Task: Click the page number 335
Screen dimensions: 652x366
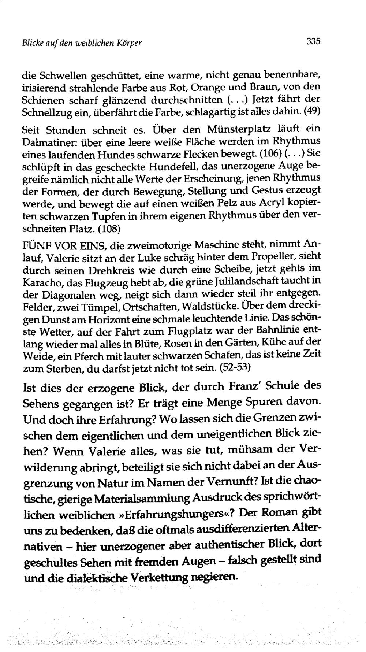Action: pyautogui.click(x=313, y=41)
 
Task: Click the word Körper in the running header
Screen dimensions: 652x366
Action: pyautogui.click(x=130, y=43)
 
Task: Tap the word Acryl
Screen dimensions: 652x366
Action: pyautogui.click(x=272, y=203)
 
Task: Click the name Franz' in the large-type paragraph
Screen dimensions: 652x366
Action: pyautogui.click(x=245, y=387)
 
